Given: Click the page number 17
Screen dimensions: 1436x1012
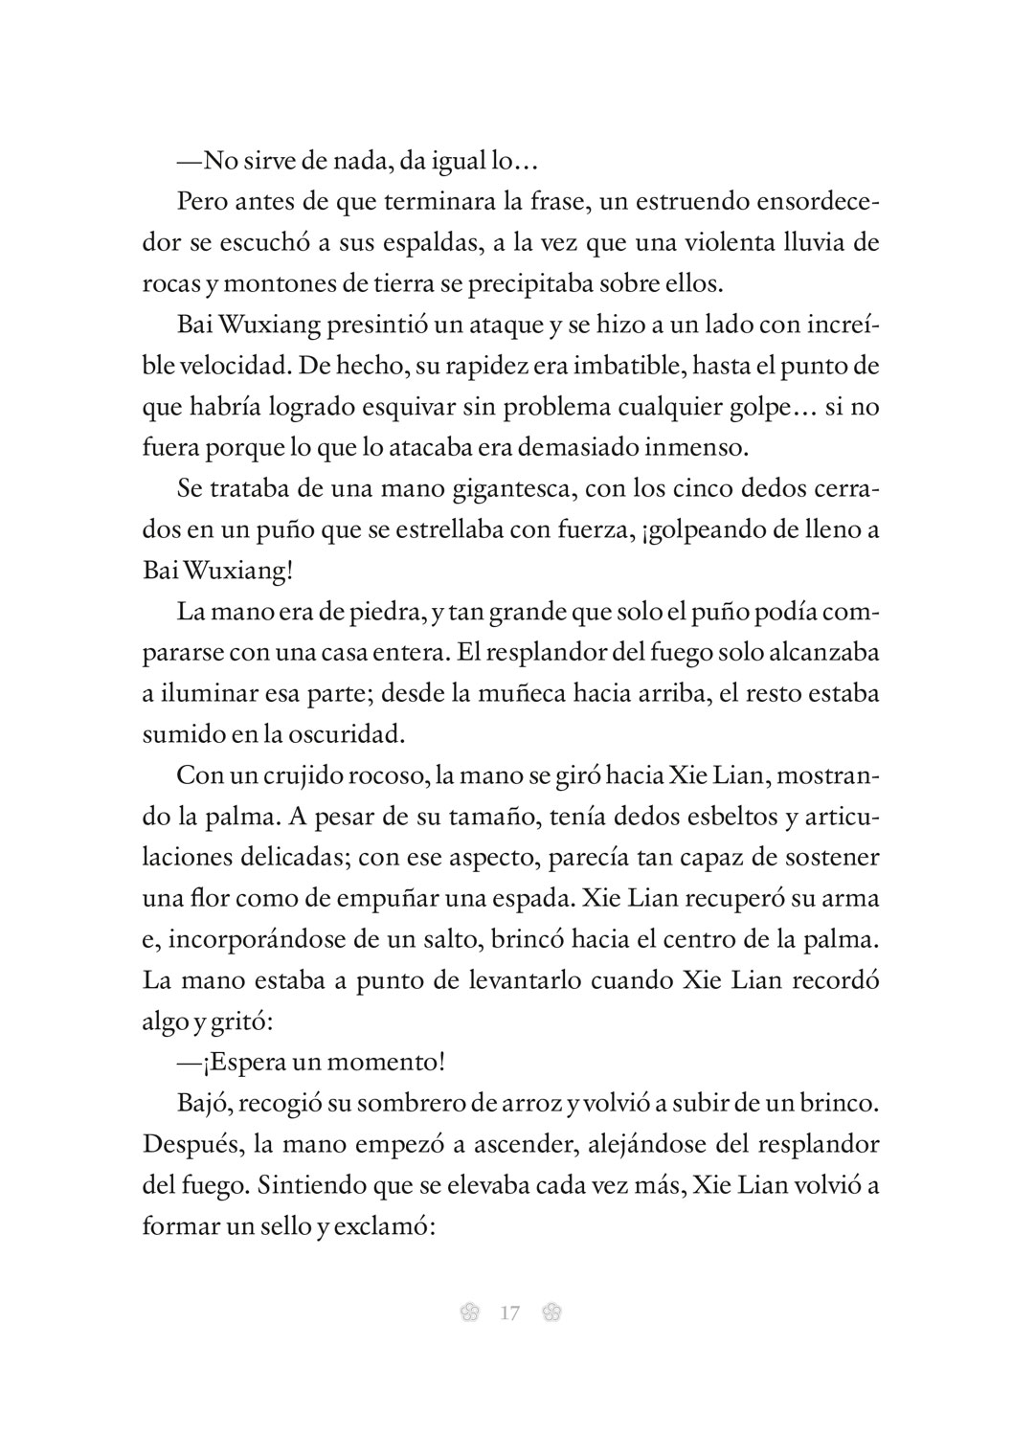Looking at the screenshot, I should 509,1313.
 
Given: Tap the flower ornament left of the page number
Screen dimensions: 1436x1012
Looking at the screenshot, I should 469,1313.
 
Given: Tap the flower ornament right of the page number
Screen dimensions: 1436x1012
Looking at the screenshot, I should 551,1313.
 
